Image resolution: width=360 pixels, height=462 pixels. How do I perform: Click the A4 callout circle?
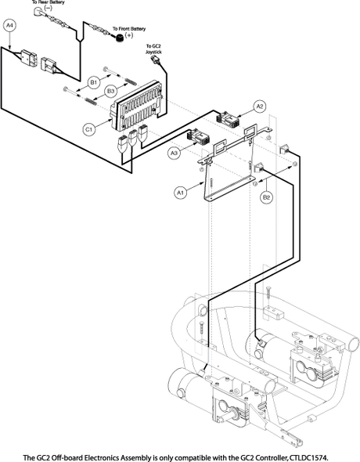(x=10, y=26)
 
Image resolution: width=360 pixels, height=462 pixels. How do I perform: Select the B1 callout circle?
(x=94, y=83)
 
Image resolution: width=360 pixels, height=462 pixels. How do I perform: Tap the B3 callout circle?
(x=110, y=92)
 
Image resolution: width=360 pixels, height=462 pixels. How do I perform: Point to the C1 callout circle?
(x=89, y=129)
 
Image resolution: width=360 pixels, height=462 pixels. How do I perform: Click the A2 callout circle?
(x=260, y=106)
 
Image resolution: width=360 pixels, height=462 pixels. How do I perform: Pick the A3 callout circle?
(x=175, y=153)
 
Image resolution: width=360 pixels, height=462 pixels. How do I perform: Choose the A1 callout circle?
(x=181, y=193)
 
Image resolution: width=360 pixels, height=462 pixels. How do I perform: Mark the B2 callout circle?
(x=266, y=197)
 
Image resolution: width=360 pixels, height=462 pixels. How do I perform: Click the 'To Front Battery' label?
(x=129, y=29)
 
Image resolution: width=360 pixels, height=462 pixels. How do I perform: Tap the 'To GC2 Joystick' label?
(x=153, y=49)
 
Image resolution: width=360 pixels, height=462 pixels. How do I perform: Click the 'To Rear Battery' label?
(x=48, y=2)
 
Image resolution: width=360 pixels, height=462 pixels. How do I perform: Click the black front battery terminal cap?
(x=119, y=38)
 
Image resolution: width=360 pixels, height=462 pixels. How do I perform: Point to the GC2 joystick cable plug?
(x=154, y=60)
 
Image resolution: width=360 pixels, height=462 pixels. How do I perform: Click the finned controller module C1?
(x=136, y=105)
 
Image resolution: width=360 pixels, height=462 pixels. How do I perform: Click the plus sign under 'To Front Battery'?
(x=129, y=35)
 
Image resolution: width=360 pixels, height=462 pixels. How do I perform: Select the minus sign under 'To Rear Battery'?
(x=48, y=8)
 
